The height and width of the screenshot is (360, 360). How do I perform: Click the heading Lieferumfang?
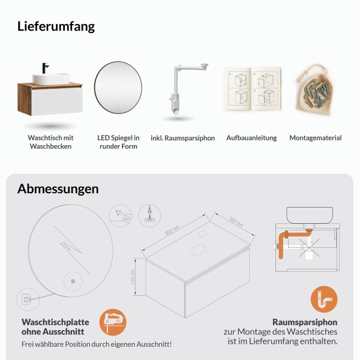[56, 26]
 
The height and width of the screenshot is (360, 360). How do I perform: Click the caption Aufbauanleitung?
[251, 138]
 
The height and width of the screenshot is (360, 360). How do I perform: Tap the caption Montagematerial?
[315, 138]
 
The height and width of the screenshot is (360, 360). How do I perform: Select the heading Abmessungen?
[58, 189]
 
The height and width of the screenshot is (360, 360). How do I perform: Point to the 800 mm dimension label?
[173, 230]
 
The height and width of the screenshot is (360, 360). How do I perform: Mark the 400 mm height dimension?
[140, 277]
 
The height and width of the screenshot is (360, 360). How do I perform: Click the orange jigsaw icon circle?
[112, 322]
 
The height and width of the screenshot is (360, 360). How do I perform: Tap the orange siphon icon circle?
[324, 299]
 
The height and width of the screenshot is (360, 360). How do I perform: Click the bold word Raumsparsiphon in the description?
[305, 321]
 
